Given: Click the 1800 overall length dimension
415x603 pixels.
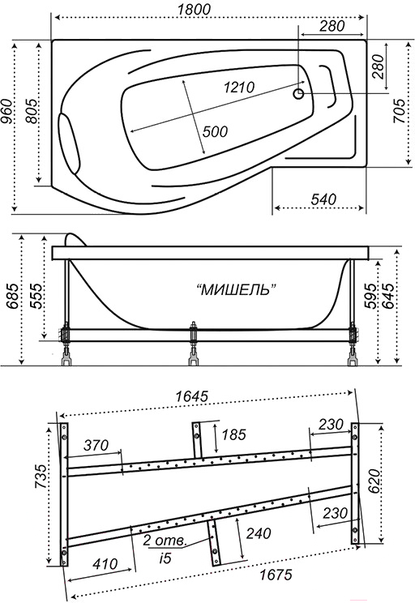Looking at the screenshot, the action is coord(194,9).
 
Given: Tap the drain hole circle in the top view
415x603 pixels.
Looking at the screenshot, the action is coord(298,93).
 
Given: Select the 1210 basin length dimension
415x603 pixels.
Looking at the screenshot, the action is coord(239,88).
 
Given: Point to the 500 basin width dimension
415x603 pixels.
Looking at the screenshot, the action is coord(215,131).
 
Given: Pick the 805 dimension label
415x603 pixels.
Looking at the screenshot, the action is coord(32,112).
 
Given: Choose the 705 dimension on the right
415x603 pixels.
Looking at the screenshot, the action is coord(400,111).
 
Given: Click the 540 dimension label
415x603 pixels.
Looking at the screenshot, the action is coord(323,199).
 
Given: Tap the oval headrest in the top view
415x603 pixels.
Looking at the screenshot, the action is coord(69,143).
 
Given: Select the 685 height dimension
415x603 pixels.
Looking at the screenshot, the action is coord(12,297).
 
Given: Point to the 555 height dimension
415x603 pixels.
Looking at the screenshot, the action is coord(37,297).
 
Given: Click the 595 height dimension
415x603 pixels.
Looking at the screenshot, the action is coord(370,297).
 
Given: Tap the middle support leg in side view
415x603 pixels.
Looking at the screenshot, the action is coord(194,343).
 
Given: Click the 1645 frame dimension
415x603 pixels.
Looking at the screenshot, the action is coord(191,396).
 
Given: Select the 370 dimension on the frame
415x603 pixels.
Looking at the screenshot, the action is coord(96,445).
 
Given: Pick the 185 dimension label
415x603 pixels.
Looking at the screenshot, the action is coord(233,434).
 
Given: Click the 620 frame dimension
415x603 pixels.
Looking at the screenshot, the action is coord(374,483).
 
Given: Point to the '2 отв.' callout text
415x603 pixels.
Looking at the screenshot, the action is coord(165,541).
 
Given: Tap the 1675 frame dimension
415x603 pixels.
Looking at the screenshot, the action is coord(276,575).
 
